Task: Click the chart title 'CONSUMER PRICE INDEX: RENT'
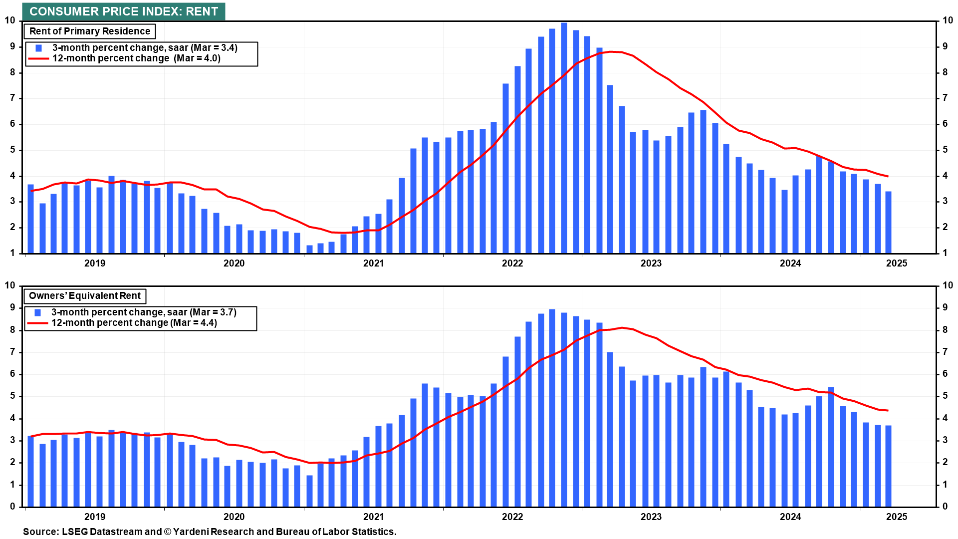tap(124, 11)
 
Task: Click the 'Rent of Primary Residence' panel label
tap(90, 31)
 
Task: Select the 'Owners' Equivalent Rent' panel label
tap(85, 296)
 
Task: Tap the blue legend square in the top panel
tap(39, 48)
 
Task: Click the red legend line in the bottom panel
tap(37, 323)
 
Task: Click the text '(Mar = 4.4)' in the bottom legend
tap(194, 323)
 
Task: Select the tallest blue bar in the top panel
tap(564, 137)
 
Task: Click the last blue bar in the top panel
tap(888, 222)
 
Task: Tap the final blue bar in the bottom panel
tap(888, 466)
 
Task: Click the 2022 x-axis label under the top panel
tap(512, 264)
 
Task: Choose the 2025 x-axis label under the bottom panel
tap(897, 517)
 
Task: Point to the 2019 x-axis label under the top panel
tap(95, 264)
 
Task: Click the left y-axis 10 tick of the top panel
tap(10, 20)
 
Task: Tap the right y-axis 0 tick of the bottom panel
tap(945, 507)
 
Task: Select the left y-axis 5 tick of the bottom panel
tap(13, 396)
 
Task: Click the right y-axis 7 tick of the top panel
tap(945, 98)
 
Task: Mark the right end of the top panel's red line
tap(888, 176)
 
